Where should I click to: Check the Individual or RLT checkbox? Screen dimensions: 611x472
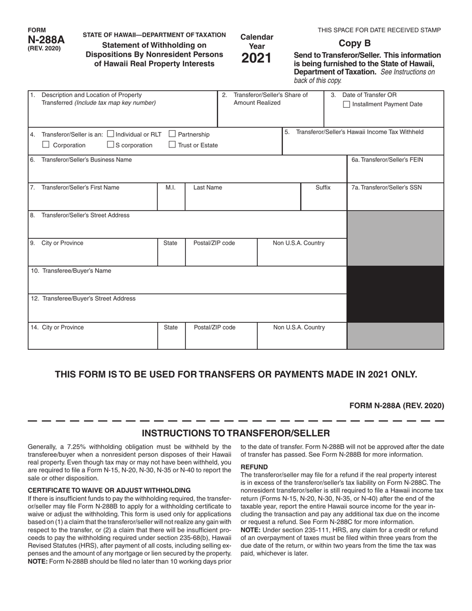tap(110, 134)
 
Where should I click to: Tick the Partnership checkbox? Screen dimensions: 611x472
tap(172, 134)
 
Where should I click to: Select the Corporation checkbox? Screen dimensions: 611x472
tap(46, 145)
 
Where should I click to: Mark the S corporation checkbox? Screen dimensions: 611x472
tap(110, 145)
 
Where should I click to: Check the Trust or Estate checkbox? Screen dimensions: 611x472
tap(172, 145)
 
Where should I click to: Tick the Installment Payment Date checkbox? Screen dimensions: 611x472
tap(347, 104)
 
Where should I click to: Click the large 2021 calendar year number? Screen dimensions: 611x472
tap(257, 59)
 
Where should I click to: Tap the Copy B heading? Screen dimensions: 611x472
tap(354, 43)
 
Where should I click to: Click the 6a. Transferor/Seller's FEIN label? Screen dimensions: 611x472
tap(387, 159)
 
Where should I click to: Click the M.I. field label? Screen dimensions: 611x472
tap(170, 187)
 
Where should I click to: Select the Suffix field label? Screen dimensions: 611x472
tap(323, 187)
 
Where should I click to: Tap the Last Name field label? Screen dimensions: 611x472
tap(208, 187)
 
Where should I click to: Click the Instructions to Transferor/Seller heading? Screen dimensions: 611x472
tap(236, 433)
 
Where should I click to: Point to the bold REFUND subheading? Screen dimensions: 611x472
tap(254, 467)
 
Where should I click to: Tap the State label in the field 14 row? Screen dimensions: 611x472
tap(170, 327)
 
